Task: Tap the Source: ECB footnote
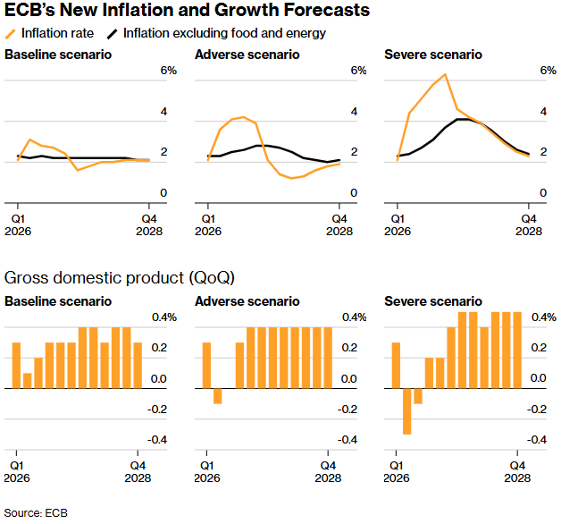click(35, 513)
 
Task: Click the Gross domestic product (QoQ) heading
click(120, 277)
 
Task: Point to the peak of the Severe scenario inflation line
click(444, 74)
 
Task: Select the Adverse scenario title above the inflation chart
click(247, 55)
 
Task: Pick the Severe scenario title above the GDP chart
click(432, 301)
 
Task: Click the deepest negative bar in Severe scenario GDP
click(407, 411)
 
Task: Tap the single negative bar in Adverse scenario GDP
click(218, 396)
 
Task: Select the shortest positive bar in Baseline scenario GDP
click(28, 381)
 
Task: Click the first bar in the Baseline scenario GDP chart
click(17, 366)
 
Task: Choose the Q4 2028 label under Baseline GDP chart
click(138, 472)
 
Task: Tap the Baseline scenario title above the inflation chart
click(58, 55)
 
